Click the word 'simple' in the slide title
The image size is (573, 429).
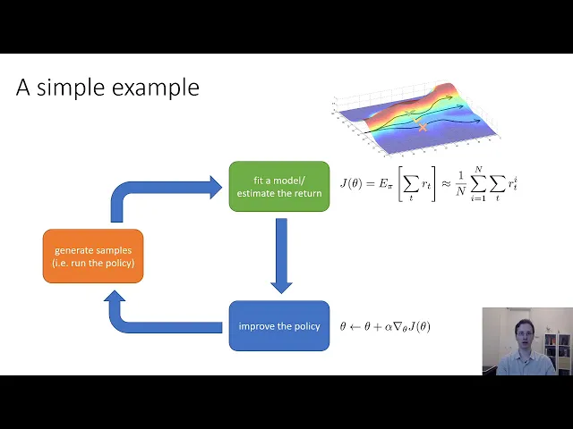coord(71,88)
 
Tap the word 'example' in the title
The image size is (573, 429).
coord(156,88)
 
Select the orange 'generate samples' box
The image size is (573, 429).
coord(93,257)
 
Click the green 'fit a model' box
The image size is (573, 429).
coord(279,187)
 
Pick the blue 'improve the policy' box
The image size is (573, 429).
coord(279,325)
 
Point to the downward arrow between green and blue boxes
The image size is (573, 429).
coord(281,256)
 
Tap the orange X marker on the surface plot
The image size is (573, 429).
coord(423,127)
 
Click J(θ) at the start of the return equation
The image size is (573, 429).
coord(351,183)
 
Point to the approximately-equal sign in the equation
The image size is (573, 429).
coord(446,183)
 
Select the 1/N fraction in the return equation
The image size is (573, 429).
coord(460,183)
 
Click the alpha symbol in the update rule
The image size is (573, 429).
coord(388,327)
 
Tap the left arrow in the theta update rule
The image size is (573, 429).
coord(355,326)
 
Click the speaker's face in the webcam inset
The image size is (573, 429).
coord(525,333)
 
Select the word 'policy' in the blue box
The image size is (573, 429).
coord(307,326)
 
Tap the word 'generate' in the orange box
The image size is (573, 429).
coord(70,251)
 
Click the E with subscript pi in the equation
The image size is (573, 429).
coord(384,184)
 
